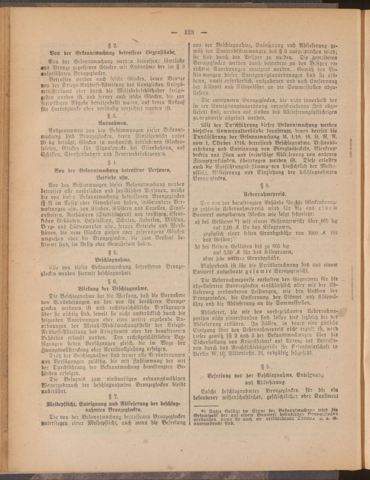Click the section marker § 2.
[113, 46]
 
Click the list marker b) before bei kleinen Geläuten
[197, 245]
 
